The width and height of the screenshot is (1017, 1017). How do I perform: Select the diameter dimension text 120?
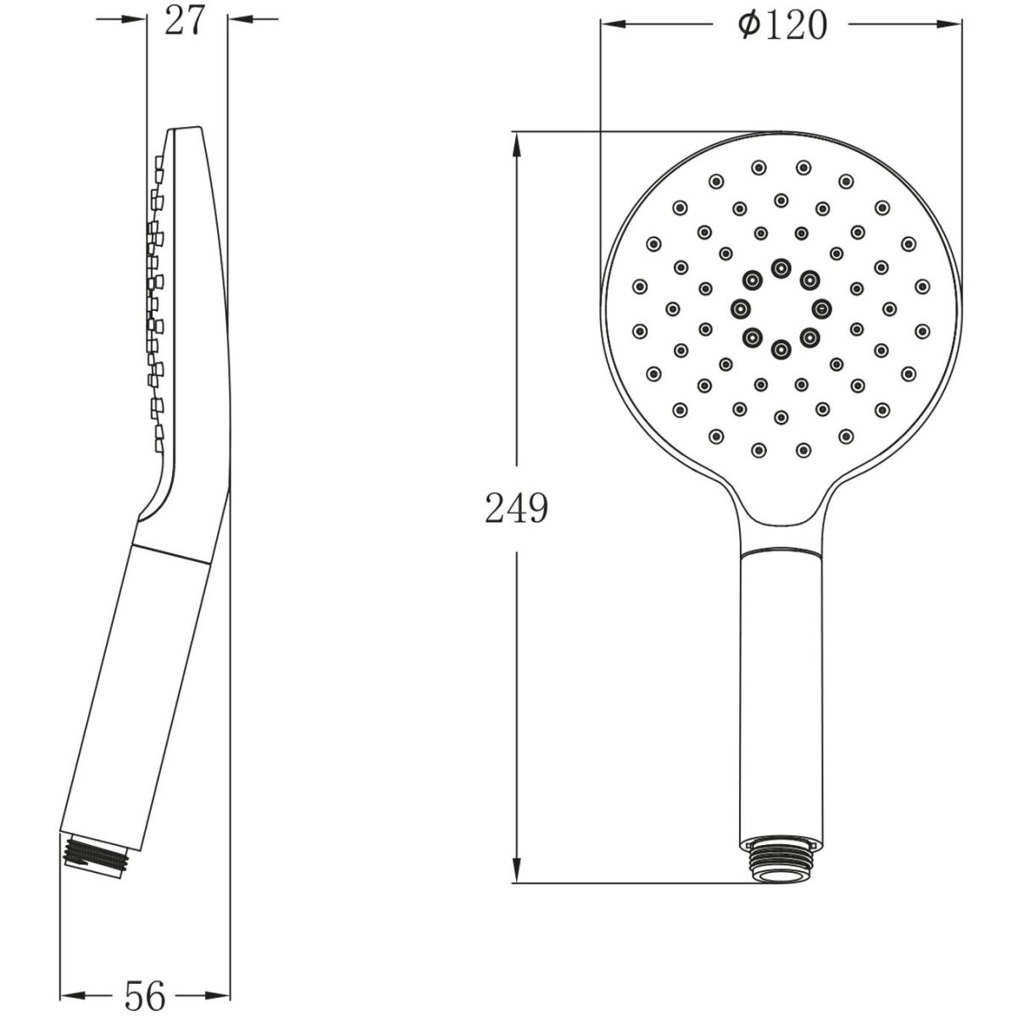[797, 25]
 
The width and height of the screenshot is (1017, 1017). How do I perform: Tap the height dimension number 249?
[517, 508]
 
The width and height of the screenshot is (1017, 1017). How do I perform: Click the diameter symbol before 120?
[750, 25]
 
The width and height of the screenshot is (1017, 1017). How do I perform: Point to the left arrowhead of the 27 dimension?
[134, 19]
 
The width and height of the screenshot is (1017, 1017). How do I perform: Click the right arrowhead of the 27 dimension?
[241, 19]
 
